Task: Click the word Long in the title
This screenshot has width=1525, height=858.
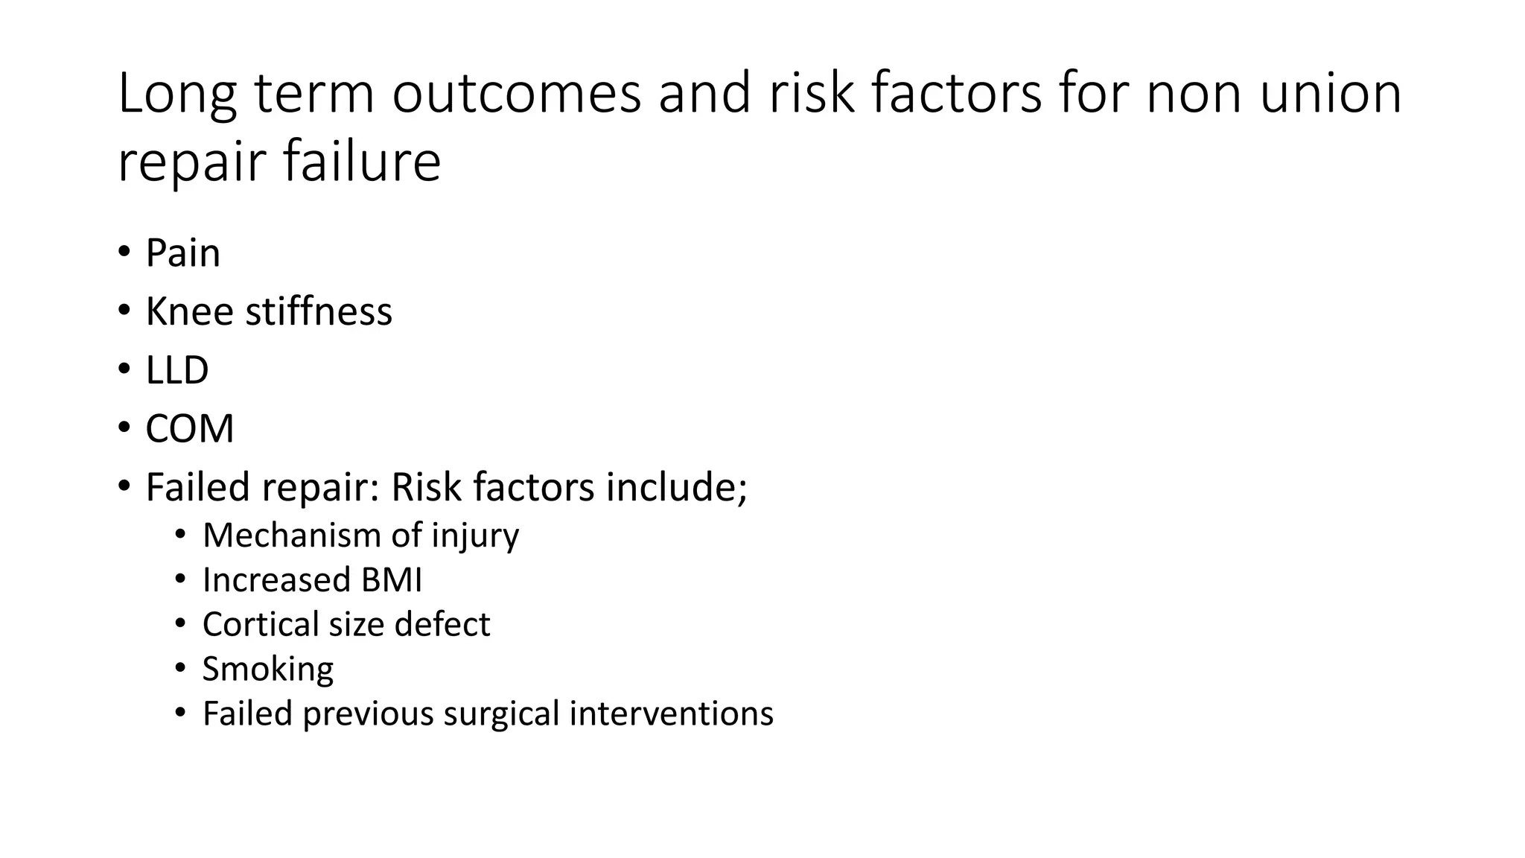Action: click(177, 95)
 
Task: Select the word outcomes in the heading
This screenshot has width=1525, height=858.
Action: click(516, 95)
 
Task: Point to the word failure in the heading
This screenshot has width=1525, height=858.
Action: click(362, 162)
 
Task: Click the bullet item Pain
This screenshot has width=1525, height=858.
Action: click(183, 253)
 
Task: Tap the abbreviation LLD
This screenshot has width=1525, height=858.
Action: click(177, 370)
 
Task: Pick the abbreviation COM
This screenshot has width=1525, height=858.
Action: click(190, 429)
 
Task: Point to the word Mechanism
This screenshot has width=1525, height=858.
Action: click(291, 536)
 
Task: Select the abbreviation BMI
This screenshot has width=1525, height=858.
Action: click(392, 580)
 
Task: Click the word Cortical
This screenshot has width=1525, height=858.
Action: click(260, 625)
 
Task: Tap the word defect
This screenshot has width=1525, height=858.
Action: click(442, 625)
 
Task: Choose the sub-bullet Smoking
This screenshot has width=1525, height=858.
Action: click(268, 670)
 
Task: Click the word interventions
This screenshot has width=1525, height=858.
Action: click(672, 714)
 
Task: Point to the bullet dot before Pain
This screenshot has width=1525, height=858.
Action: click(124, 251)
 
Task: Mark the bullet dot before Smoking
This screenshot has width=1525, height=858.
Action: click(180, 667)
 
